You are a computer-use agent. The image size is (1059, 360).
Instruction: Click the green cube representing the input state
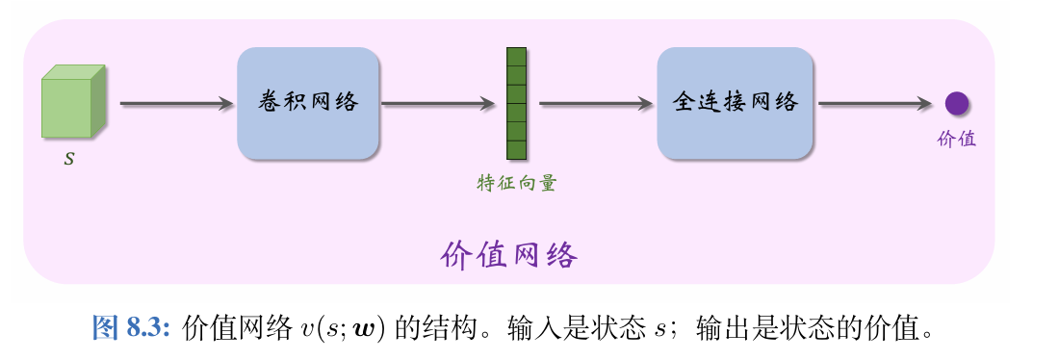coord(73,103)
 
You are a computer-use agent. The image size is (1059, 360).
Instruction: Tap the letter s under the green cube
coord(68,159)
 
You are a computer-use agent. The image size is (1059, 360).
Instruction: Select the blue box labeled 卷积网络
coord(308,103)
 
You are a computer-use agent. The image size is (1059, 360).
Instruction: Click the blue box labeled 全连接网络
coord(735,103)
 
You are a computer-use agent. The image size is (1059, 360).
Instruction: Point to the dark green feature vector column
coord(517,103)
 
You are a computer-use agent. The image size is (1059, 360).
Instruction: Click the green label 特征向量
coord(517,183)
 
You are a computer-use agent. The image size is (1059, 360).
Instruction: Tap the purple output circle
coord(956,103)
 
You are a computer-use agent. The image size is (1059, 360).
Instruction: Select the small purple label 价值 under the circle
coord(956,139)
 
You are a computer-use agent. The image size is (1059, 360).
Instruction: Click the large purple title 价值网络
coord(509,255)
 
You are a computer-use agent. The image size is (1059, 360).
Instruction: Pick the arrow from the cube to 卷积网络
coord(177,103)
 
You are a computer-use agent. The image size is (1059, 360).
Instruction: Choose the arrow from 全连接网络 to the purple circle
coord(874,103)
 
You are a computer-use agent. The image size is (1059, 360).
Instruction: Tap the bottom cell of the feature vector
coord(517,149)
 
